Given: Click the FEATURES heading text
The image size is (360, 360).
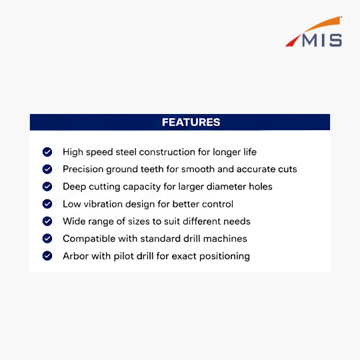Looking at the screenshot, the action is pyautogui.click(x=191, y=122).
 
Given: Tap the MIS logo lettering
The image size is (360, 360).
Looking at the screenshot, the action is pyautogui.click(x=322, y=41).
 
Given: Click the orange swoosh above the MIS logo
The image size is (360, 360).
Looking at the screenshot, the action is pyautogui.click(x=323, y=24).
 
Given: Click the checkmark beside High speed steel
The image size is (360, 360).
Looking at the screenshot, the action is pyautogui.click(x=47, y=152).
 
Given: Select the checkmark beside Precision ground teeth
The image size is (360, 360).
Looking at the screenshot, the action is pyautogui.click(x=47, y=169).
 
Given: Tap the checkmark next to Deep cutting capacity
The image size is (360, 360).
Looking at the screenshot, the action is pyautogui.click(x=47, y=187).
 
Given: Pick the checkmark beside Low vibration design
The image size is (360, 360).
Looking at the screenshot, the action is pyautogui.click(x=47, y=204).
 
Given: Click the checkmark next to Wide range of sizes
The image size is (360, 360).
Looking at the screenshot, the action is pyautogui.click(x=47, y=221).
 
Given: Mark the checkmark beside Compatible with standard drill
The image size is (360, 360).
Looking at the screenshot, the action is pyautogui.click(x=47, y=239).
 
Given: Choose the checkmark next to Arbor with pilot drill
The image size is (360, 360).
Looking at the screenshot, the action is pyautogui.click(x=47, y=256).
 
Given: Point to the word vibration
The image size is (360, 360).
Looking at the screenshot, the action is pyautogui.click(x=103, y=204).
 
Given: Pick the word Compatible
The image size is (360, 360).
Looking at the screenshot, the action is pyautogui.click(x=89, y=239).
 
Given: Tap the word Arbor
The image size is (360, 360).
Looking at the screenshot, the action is pyautogui.click(x=75, y=256).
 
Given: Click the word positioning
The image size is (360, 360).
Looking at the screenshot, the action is pyautogui.click(x=225, y=257).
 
